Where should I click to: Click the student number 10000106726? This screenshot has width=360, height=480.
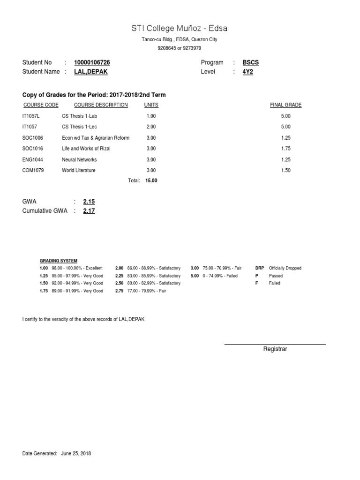click(92, 62)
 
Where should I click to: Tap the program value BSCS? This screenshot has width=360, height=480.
click(251, 62)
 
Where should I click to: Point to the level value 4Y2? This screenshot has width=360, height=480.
click(247, 72)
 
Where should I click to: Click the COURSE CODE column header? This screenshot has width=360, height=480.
click(41, 105)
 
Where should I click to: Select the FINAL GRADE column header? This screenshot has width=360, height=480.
click(285, 105)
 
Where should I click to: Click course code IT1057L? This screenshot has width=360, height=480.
click(32, 116)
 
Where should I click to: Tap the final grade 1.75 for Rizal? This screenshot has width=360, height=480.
click(285, 149)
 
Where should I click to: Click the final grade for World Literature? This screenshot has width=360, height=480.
click(285, 170)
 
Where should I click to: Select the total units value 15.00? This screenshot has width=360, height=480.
click(151, 180)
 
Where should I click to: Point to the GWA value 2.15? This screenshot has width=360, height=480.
click(89, 202)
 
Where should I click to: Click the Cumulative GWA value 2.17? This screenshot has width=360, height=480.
click(89, 211)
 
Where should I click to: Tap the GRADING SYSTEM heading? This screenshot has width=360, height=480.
click(59, 261)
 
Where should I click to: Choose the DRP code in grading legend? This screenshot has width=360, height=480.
click(259, 268)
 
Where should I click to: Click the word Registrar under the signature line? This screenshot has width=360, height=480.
click(275, 349)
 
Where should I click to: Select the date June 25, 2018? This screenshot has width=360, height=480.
click(76, 454)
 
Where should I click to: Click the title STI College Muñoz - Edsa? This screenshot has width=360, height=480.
click(180, 29)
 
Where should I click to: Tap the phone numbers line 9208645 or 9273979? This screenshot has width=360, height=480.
click(180, 48)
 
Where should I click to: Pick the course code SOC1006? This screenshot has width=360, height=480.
click(33, 138)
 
